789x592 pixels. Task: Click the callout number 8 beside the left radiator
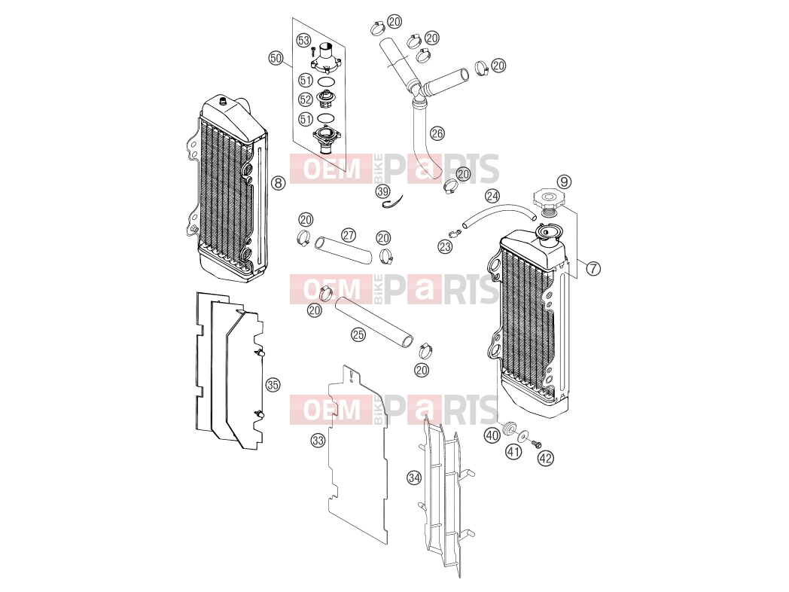[279, 183]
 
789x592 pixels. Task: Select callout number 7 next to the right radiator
[594, 268]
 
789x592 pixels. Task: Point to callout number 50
[276, 58]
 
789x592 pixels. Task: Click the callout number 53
[303, 40]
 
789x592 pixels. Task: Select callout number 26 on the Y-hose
[437, 133]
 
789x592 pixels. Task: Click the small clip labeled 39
[393, 203]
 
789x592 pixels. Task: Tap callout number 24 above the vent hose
[492, 196]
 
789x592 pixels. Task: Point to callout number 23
[445, 246]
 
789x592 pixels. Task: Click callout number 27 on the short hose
[349, 235]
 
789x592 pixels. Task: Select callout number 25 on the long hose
[358, 334]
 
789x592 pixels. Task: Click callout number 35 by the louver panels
[273, 385]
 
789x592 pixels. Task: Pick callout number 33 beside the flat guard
[318, 441]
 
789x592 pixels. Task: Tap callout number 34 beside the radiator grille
[414, 478]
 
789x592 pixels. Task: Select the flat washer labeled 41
[524, 435]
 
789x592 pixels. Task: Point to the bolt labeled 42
[537, 444]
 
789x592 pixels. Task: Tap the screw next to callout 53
[313, 50]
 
